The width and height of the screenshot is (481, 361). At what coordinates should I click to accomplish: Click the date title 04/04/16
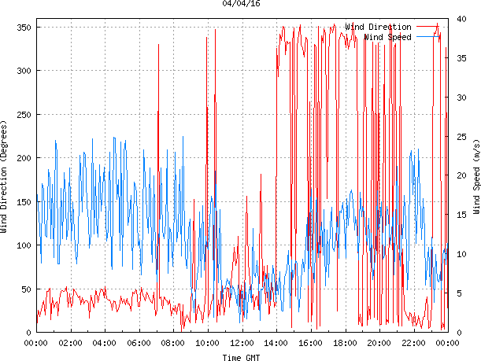pyautogui.click(x=242, y=4)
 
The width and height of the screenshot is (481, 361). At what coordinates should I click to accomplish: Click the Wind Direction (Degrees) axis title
pyautogui.click(x=5, y=177)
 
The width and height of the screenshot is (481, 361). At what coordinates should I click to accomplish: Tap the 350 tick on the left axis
pyautogui.click(x=22, y=28)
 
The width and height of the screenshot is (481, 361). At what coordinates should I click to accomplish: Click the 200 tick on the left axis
pyautogui.click(x=22, y=158)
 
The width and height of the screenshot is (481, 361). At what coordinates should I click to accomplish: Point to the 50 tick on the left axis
pyautogui.click(x=24, y=289)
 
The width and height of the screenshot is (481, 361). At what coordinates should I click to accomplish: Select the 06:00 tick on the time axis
pyautogui.click(x=139, y=343)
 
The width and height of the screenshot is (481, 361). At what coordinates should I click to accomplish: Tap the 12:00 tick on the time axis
pyautogui.click(x=242, y=343)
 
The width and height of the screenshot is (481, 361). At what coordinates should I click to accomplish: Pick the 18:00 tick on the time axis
pyautogui.click(x=345, y=343)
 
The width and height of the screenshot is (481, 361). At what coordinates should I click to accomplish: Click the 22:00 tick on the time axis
pyautogui.click(x=413, y=343)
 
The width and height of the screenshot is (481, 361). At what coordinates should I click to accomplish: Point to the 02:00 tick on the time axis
pyautogui.click(x=70, y=343)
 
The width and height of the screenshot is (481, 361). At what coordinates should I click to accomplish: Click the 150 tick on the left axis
pyautogui.click(x=22, y=201)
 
